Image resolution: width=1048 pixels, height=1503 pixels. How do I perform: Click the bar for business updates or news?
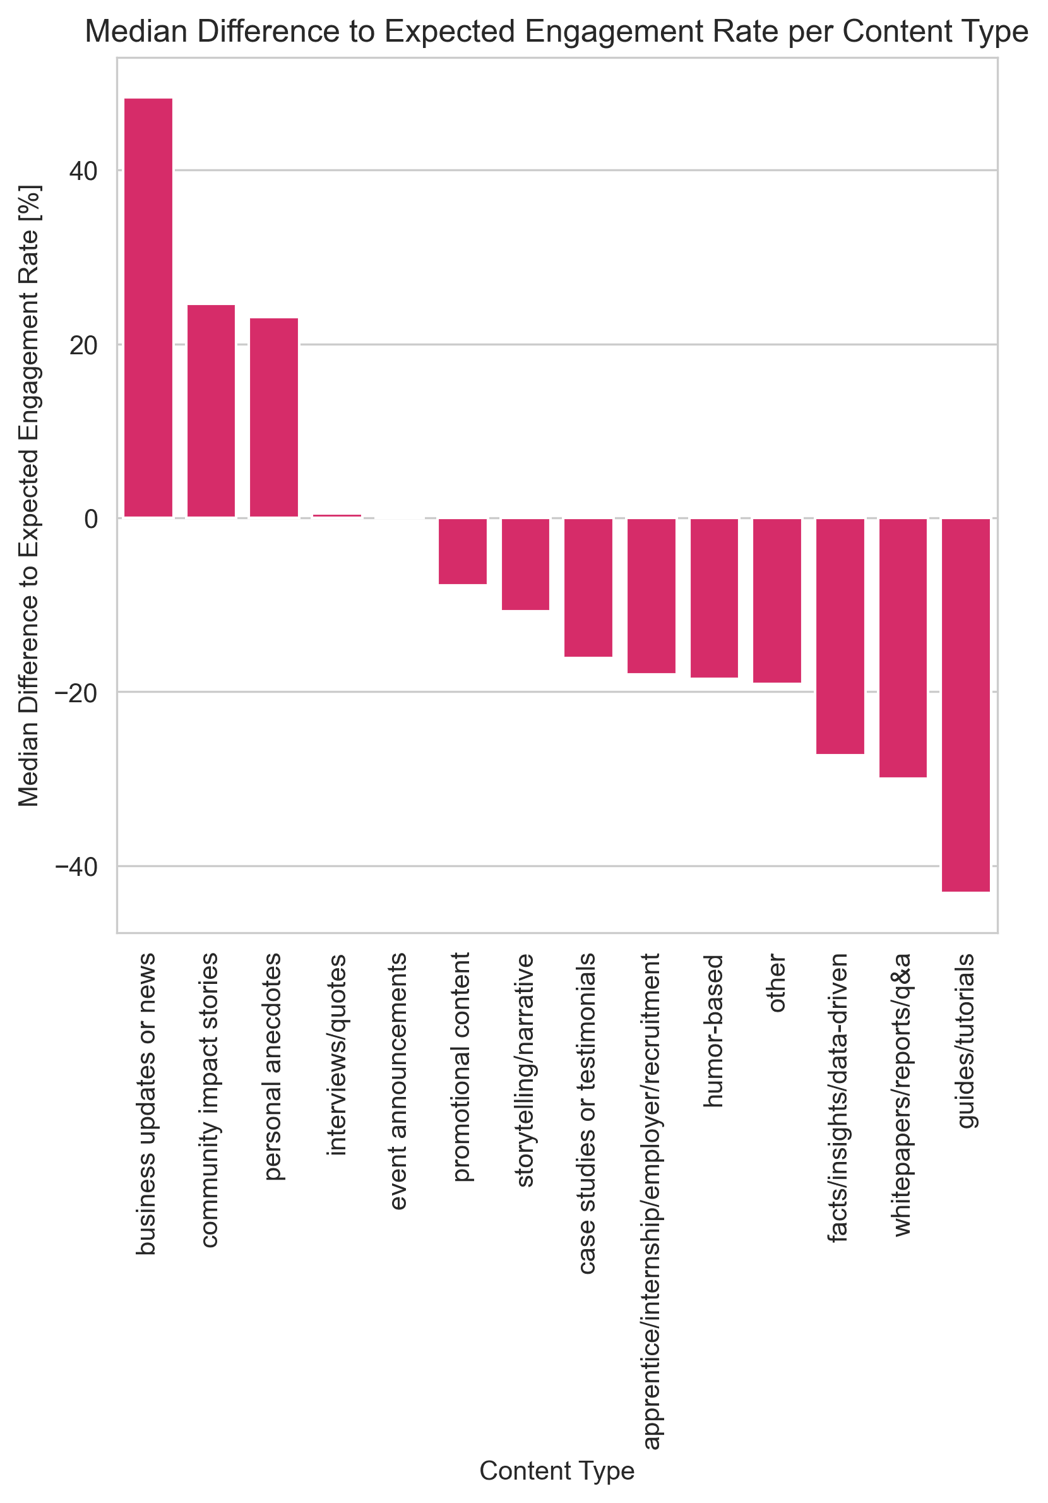[148, 308]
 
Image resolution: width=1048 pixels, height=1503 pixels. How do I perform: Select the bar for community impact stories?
[211, 411]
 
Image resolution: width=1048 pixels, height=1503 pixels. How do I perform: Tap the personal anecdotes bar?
[273, 417]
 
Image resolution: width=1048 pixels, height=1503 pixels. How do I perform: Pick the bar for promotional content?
[462, 551]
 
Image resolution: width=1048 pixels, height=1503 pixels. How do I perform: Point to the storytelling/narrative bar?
[525, 565]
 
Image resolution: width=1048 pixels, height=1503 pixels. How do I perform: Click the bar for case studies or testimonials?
[588, 587]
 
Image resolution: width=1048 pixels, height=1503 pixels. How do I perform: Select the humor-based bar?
[713, 597]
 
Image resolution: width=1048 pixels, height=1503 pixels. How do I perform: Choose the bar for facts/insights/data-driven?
[840, 637]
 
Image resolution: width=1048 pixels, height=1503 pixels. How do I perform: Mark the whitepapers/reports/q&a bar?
[903, 648]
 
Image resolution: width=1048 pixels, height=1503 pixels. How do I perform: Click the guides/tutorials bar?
[965, 705]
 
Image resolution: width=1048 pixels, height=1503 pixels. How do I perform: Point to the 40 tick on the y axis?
[83, 172]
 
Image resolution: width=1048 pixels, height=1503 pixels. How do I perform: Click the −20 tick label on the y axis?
[76, 693]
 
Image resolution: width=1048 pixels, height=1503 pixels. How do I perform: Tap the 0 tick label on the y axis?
[91, 519]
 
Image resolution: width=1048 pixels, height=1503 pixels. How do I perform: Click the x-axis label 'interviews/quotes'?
[336, 1054]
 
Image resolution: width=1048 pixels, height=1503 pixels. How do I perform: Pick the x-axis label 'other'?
[777, 983]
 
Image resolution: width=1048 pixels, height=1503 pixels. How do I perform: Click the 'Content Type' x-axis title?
[556, 1471]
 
